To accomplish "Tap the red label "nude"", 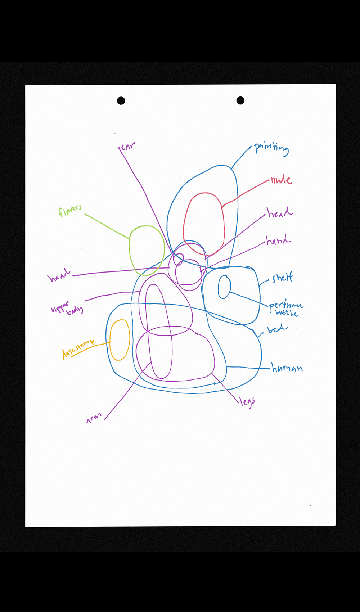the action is tap(282, 179).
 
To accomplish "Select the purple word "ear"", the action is tap(127, 147).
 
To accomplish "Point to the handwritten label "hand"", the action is tap(278, 240).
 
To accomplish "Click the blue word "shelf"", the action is tap(283, 278).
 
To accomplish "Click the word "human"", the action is tap(287, 368).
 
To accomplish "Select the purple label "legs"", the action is tap(247, 401).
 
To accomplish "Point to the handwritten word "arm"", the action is tap(94, 418).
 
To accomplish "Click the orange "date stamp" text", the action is tap(78, 348).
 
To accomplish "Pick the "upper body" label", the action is tap(67, 307).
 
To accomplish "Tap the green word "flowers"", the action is tap(70, 211).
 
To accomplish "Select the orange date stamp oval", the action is tap(120, 340).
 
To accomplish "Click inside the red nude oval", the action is tap(204, 223).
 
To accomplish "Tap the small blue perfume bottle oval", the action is tap(224, 287).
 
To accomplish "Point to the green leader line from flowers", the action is tap(107, 226).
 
